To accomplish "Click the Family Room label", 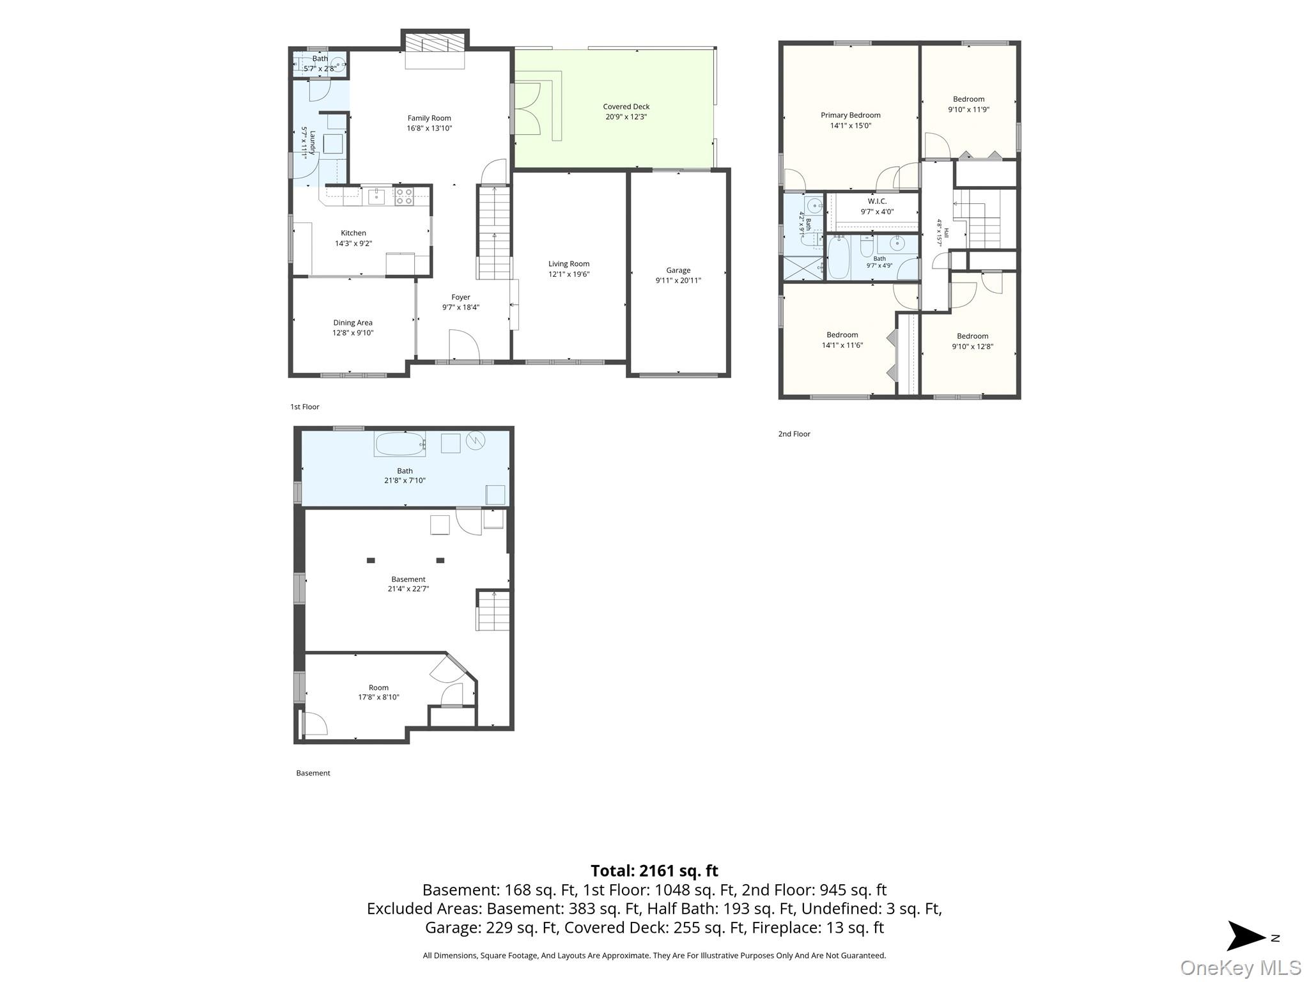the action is [x=430, y=118].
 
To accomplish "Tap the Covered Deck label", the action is [x=626, y=107].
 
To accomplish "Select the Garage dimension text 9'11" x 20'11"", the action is [x=678, y=281].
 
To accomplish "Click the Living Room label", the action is [x=569, y=264].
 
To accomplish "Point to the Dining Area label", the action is [x=353, y=323].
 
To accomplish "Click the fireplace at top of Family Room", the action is [x=435, y=51].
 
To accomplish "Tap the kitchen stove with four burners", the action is [x=403, y=196].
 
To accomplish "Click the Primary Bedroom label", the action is [x=851, y=116].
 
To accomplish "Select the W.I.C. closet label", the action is [x=877, y=201].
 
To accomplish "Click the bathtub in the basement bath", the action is [x=400, y=444].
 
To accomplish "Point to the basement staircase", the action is [x=493, y=611].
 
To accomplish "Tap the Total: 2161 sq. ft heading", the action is [x=654, y=871].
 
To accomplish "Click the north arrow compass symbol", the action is [x=1246, y=936].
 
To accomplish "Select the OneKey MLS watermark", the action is [x=1240, y=968].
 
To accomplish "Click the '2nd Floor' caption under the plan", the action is [x=794, y=434].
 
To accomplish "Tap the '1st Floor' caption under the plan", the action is [x=305, y=407].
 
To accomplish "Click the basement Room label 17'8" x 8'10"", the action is [x=378, y=692].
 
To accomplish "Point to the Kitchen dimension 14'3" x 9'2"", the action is [x=353, y=244].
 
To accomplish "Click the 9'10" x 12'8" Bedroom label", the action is [x=973, y=341].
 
